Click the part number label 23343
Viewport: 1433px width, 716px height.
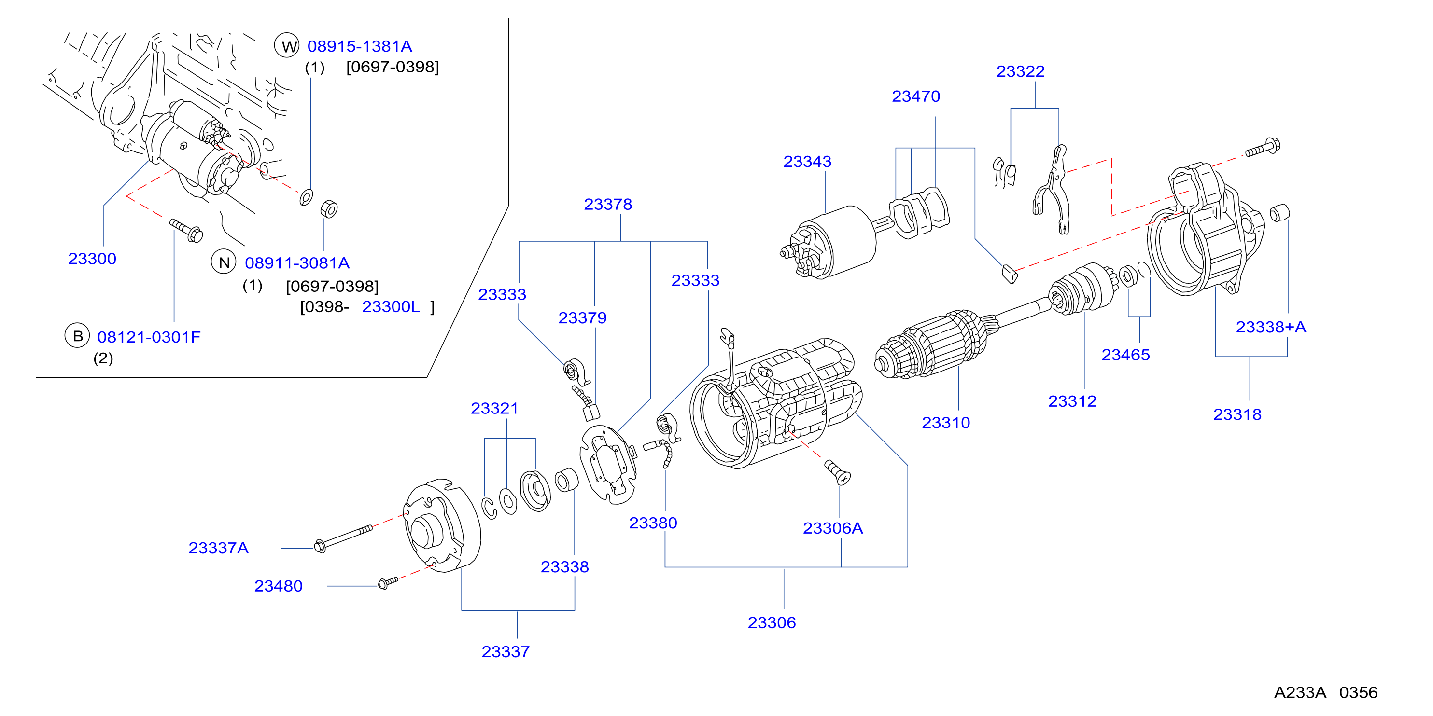(807, 162)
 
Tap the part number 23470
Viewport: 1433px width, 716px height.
(915, 96)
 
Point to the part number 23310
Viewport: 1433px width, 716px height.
(946, 423)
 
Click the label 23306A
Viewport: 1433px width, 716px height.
(833, 528)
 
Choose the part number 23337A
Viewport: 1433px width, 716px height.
(219, 548)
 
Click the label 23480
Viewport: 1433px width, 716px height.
(278, 586)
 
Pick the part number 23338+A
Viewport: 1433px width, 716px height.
(1271, 327)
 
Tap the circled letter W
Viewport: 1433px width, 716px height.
(287, 46)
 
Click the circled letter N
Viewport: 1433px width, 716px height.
(224, 262)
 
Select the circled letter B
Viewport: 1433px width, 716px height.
(77, 336)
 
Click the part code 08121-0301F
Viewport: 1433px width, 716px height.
(149, 337)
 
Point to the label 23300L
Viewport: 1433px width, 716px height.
(391, 307)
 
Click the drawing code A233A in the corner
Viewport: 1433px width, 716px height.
(1300, 693)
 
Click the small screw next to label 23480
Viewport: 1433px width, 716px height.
(388, 582)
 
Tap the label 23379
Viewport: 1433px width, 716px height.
(582, 318)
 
